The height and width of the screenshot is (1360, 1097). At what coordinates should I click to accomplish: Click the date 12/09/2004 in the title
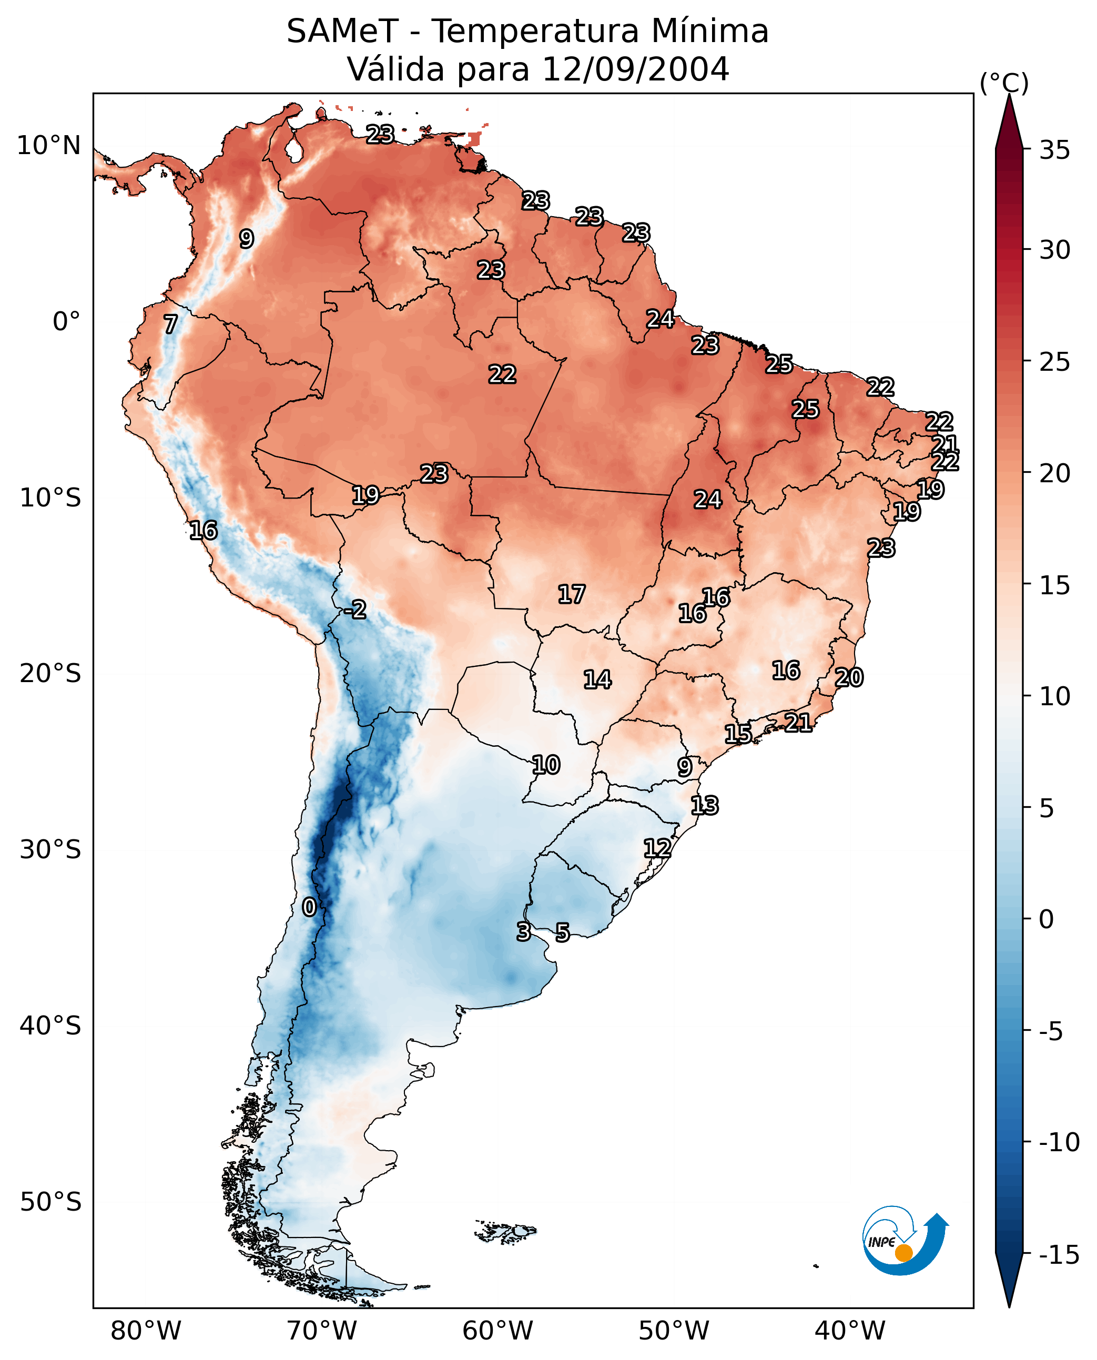(x=636, y=69)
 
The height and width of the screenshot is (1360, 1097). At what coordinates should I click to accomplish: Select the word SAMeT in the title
(x=342, y=31)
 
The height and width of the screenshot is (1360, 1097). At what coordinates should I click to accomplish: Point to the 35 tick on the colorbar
(x=1054, y=150)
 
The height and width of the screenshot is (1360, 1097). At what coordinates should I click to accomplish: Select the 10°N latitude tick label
(x=49, y=146)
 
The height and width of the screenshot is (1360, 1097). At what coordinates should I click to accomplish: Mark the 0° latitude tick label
(x=66, y=322)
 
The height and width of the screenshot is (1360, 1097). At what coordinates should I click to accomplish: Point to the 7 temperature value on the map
(x=170, y=324)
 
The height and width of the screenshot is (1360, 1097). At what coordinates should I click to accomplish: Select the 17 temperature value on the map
(x=571, y=594)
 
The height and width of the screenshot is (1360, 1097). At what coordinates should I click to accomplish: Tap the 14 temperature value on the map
(x=597, y=680)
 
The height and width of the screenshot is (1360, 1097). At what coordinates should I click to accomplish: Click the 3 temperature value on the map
(x=523, y=931)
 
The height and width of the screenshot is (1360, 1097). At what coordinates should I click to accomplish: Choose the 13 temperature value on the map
(x=705, y=806)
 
